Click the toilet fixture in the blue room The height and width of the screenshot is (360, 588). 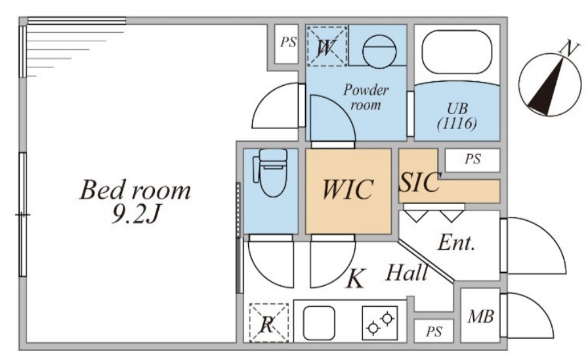click(271, 172)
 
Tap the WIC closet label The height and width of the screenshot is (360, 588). click(348, 189)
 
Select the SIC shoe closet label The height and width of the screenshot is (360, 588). click(419, 182)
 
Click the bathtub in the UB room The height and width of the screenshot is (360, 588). click(457, 52)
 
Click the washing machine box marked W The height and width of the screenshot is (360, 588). click(327, 46)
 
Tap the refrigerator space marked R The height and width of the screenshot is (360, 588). click(269, 323)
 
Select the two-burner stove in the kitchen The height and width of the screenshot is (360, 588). click(380, 323)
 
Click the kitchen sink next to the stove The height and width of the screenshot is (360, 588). click(319, 323)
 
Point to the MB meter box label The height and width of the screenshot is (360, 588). click(480, 317)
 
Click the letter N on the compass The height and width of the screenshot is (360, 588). click(568, 49)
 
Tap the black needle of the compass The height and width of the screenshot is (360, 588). click(547, 87)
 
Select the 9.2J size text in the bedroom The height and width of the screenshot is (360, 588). click(136, 214)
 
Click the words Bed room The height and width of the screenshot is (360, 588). click(135, 190)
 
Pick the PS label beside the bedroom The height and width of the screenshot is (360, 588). click(288, 42)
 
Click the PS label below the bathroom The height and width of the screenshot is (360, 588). click(472, 159)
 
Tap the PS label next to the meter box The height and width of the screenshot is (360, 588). click(434, 332)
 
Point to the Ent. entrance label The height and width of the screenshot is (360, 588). click(456, 243)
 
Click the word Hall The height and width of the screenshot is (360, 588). click(407, 272)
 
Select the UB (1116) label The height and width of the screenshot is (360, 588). click(457, 116)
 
